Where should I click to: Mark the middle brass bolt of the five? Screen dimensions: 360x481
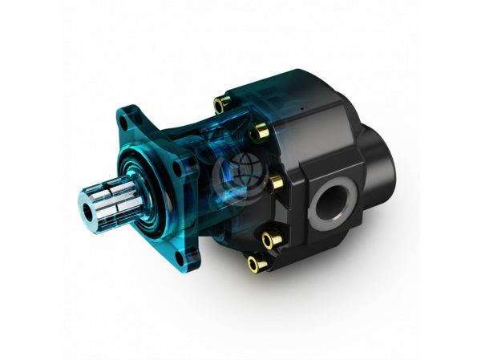(x=274, y=183)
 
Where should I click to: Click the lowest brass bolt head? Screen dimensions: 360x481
(x=256, y=262)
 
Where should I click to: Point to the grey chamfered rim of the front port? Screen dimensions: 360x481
(x=346, y=192)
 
